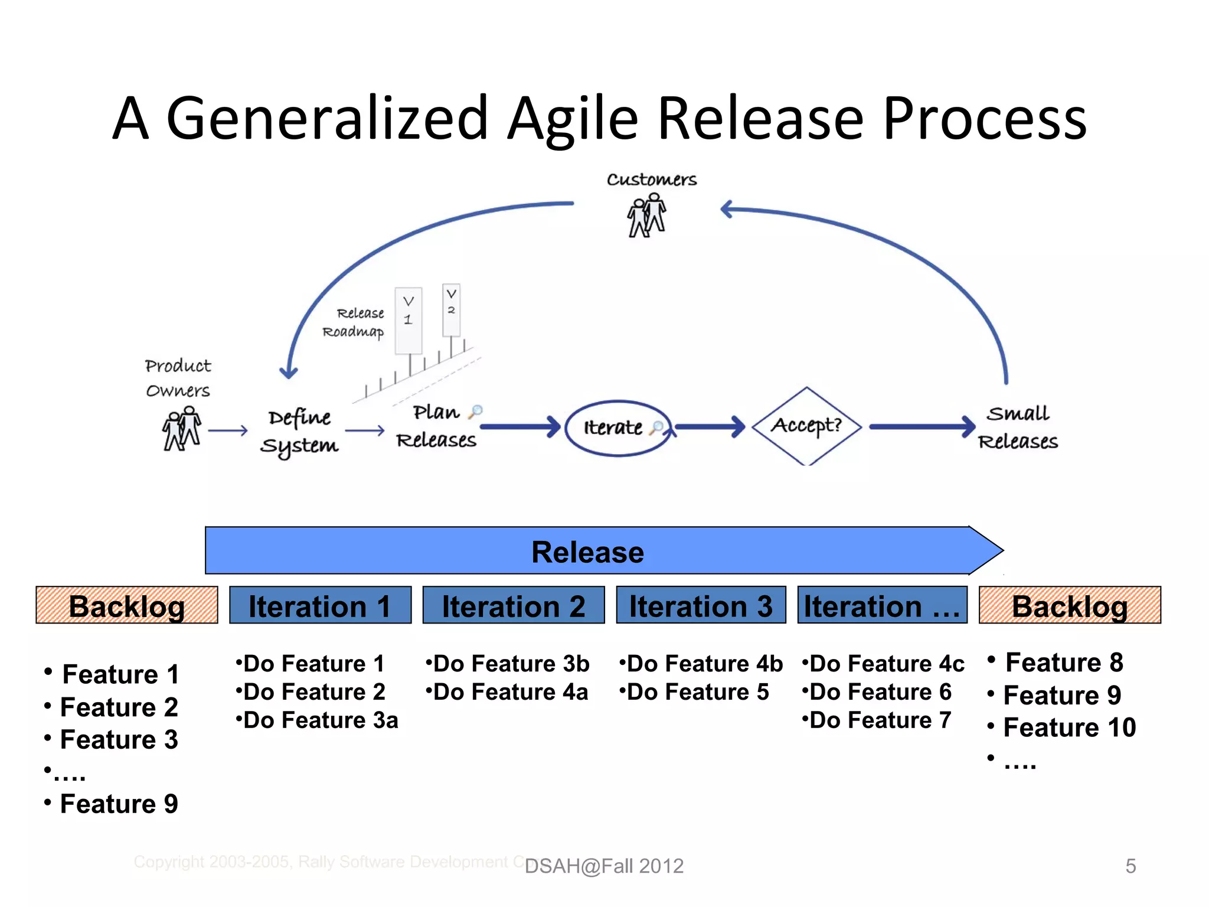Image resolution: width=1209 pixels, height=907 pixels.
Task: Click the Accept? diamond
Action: click(x=806, y=426)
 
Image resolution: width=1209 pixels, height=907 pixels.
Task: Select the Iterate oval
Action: click(x=617, y=428)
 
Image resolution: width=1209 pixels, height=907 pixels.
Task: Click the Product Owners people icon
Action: click(x=181, y=429)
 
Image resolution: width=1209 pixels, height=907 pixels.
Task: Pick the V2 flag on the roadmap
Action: click(x=451, y=309)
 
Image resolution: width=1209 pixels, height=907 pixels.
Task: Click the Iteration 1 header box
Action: click(x=320, y=605)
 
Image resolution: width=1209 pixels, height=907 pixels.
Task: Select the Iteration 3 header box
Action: click(x=701, y=605)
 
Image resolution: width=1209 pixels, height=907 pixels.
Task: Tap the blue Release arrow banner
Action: click(x=587, y=551)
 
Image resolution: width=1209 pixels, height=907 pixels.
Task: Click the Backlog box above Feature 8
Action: click(x=1069, y=605)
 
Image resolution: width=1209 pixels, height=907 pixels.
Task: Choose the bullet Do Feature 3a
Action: click(x=317, y=720)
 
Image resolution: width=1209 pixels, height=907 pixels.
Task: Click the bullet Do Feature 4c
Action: click(x=883, y=664)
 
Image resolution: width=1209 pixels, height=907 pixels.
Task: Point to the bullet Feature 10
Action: click(x=1069, y=727)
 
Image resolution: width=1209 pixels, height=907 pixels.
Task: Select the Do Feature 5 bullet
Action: click(x=694, y=692)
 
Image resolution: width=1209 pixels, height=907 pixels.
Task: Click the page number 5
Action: click(x=1130, y=866)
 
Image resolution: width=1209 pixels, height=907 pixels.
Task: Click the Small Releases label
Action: click(x=1018, y=428)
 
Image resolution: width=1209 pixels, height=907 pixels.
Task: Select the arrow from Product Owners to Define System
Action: click(x=228, y=430)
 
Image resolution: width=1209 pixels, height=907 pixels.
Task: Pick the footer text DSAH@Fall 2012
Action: click(x=604, y=866)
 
